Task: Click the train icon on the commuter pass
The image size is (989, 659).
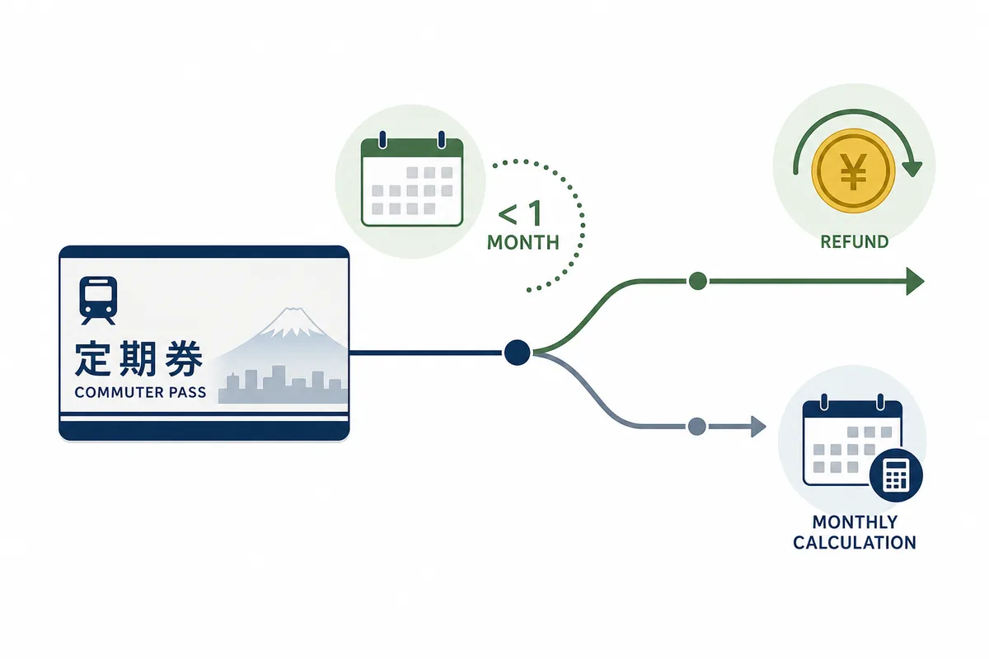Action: (98, 301)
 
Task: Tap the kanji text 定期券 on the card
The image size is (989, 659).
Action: (139, 358)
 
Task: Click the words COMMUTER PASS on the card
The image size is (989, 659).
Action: (140, 392)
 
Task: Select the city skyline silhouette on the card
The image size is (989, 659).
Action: (283, 384)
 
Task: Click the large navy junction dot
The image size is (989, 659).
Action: (517, 353)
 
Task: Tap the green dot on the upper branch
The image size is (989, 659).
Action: (697, 281)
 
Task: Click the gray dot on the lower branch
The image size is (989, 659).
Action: (696, 427)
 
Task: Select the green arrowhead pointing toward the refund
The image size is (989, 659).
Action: (915, 281)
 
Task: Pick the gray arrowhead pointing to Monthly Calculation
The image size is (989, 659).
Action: (758, 427)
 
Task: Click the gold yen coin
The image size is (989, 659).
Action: (854, 171)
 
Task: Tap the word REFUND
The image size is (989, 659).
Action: (855, 242)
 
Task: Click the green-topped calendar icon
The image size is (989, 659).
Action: (412, 179)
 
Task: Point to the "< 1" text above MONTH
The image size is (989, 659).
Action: (521, 213)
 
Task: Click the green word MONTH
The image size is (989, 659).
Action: (523, 243)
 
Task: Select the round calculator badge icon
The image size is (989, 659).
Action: (896, 475)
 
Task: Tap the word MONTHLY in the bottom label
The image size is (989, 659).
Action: (855, 522)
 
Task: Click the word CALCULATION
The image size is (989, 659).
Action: (855, 543)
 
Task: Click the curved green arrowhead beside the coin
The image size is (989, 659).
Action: (913, 169)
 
